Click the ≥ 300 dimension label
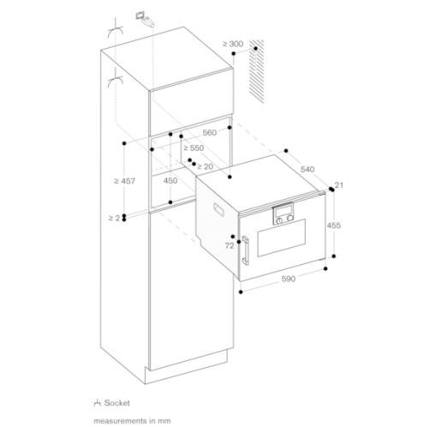tap(233, 44)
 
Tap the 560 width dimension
tap(209, 132)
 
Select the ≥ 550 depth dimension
tap(194, 147)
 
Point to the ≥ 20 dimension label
tap(205, 166)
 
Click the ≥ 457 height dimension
tap(124, 181)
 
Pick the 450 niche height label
tap(170, 181)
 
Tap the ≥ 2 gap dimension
tap(114, 218)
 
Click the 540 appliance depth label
tap(308, 169)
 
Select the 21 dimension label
tap(338, 185)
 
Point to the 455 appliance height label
tap(333, 226)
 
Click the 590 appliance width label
tap(288, 279)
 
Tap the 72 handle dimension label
tap(230, 245)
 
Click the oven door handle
tap(245, 250)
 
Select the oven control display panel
tap(284, 214)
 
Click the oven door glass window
tap(282, 238)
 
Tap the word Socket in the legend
tap(117, 403)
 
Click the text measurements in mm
tap(132, 421)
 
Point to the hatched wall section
tap(256, 71)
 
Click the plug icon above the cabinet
tap(145, 19)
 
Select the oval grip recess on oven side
tap(218, 208)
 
